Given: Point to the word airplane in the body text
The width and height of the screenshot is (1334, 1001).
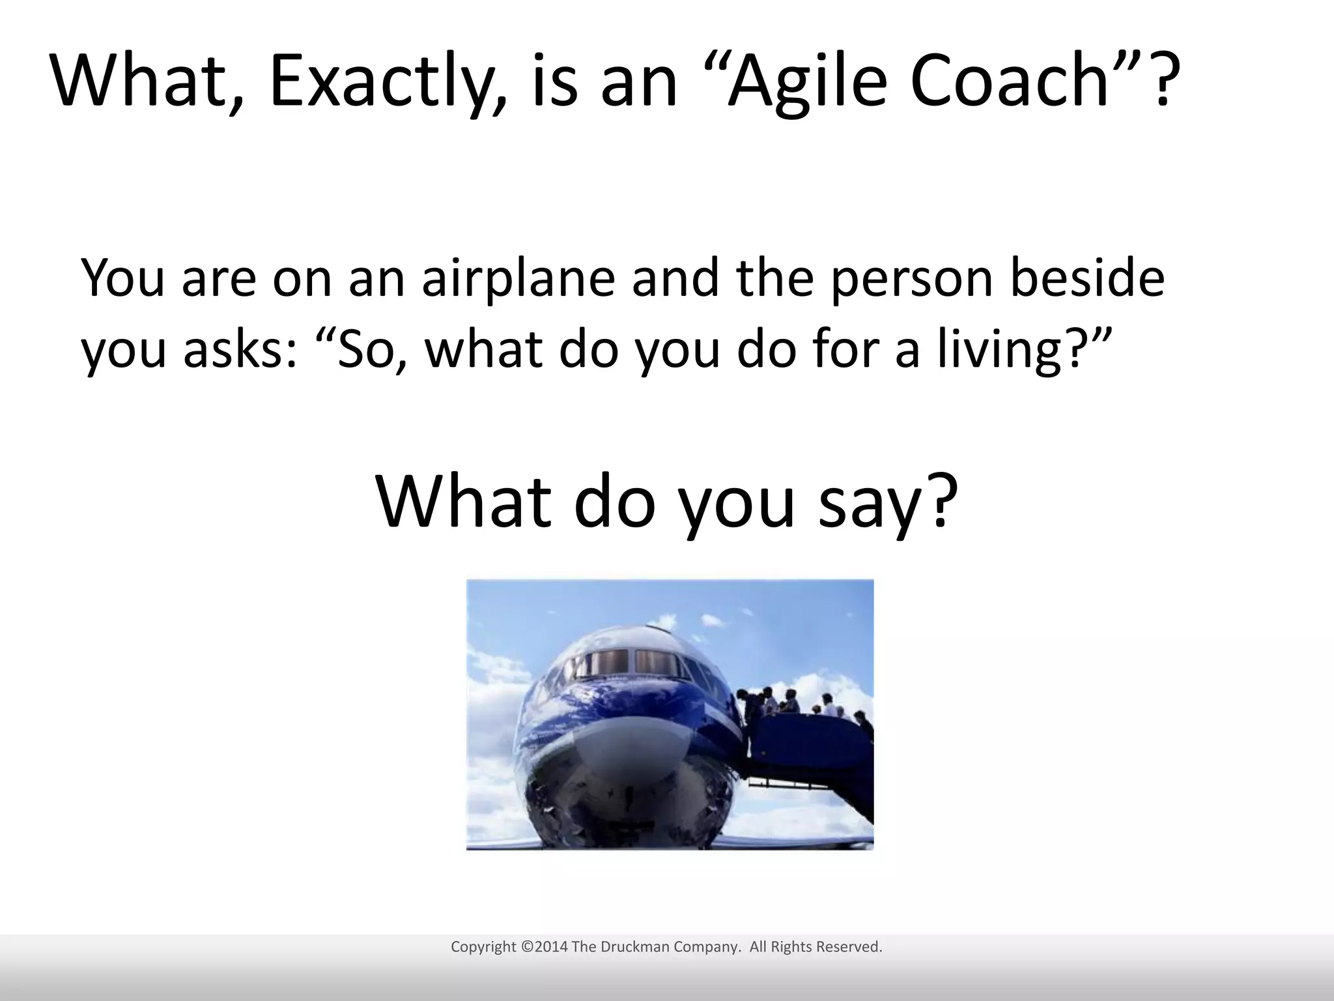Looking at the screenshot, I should (517, 279).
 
